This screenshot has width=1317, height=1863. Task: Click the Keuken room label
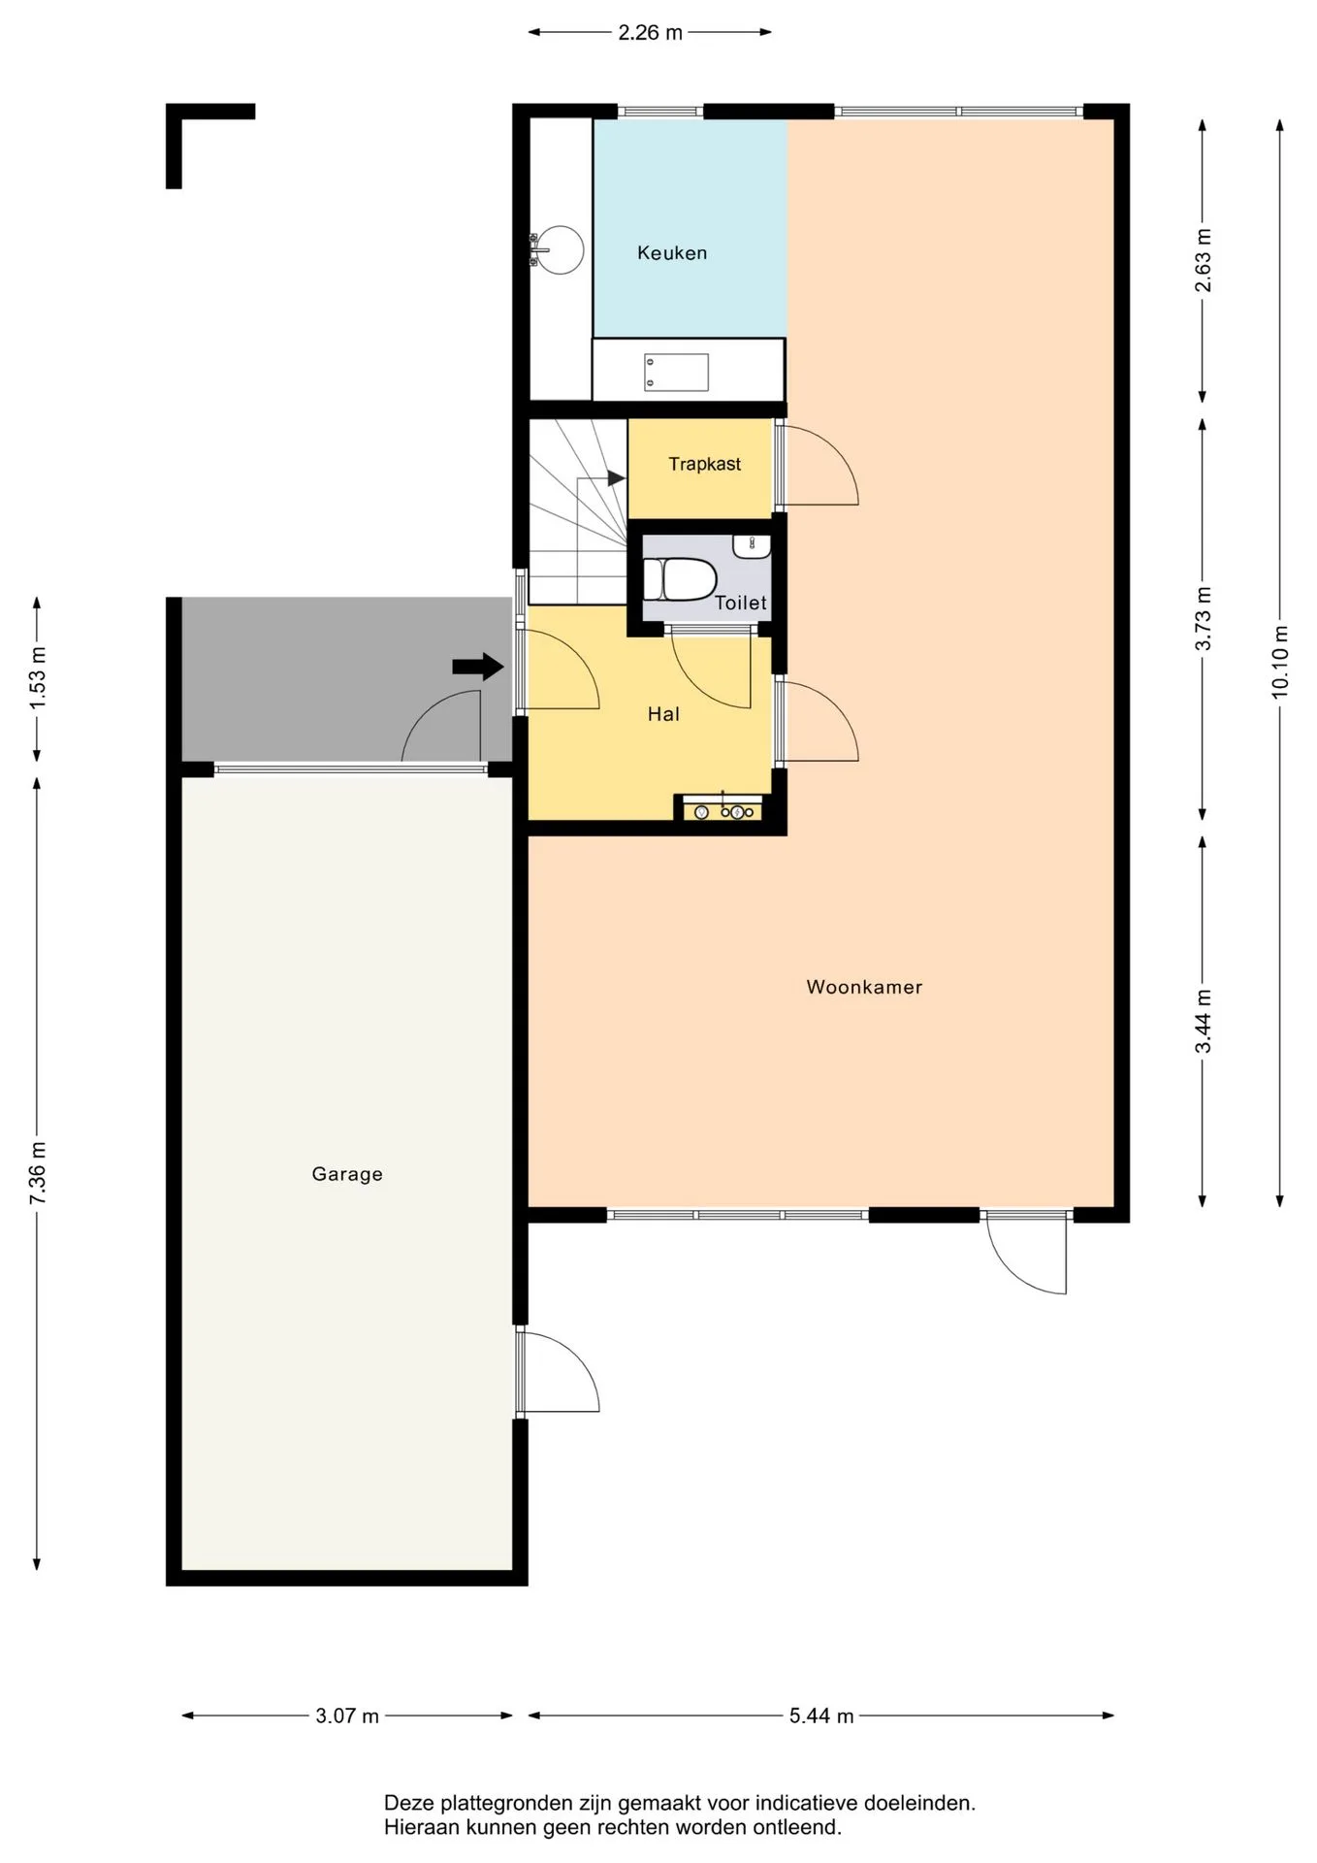point(672,253)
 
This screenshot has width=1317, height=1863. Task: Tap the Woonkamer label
point(864,987)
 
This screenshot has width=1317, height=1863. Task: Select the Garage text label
point(347,1174)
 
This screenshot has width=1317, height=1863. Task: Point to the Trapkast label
point(705,464)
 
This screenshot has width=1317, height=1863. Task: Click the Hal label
point(663,714)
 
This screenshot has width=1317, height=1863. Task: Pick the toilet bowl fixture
point(679,579)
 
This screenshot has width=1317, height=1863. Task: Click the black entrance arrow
point(478,667)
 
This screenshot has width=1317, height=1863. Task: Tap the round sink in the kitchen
point(559,249)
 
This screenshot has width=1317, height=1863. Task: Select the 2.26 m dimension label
point(650,33)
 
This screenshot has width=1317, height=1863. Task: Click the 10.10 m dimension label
point(1280,661)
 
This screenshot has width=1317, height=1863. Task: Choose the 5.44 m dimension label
point(821,1716)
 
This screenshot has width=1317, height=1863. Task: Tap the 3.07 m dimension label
point(347,1716)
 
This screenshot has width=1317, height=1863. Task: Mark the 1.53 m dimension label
point(38,678)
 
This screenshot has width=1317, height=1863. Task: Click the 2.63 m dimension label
point(1204,260)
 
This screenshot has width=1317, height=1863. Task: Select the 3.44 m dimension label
point(1204,1021)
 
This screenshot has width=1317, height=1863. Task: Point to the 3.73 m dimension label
point(1204,619)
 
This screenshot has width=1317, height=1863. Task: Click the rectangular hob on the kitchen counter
point(676,373)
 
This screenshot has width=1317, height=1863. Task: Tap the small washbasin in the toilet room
point(752,546)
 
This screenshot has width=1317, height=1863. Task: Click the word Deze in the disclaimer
point(409,1803)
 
